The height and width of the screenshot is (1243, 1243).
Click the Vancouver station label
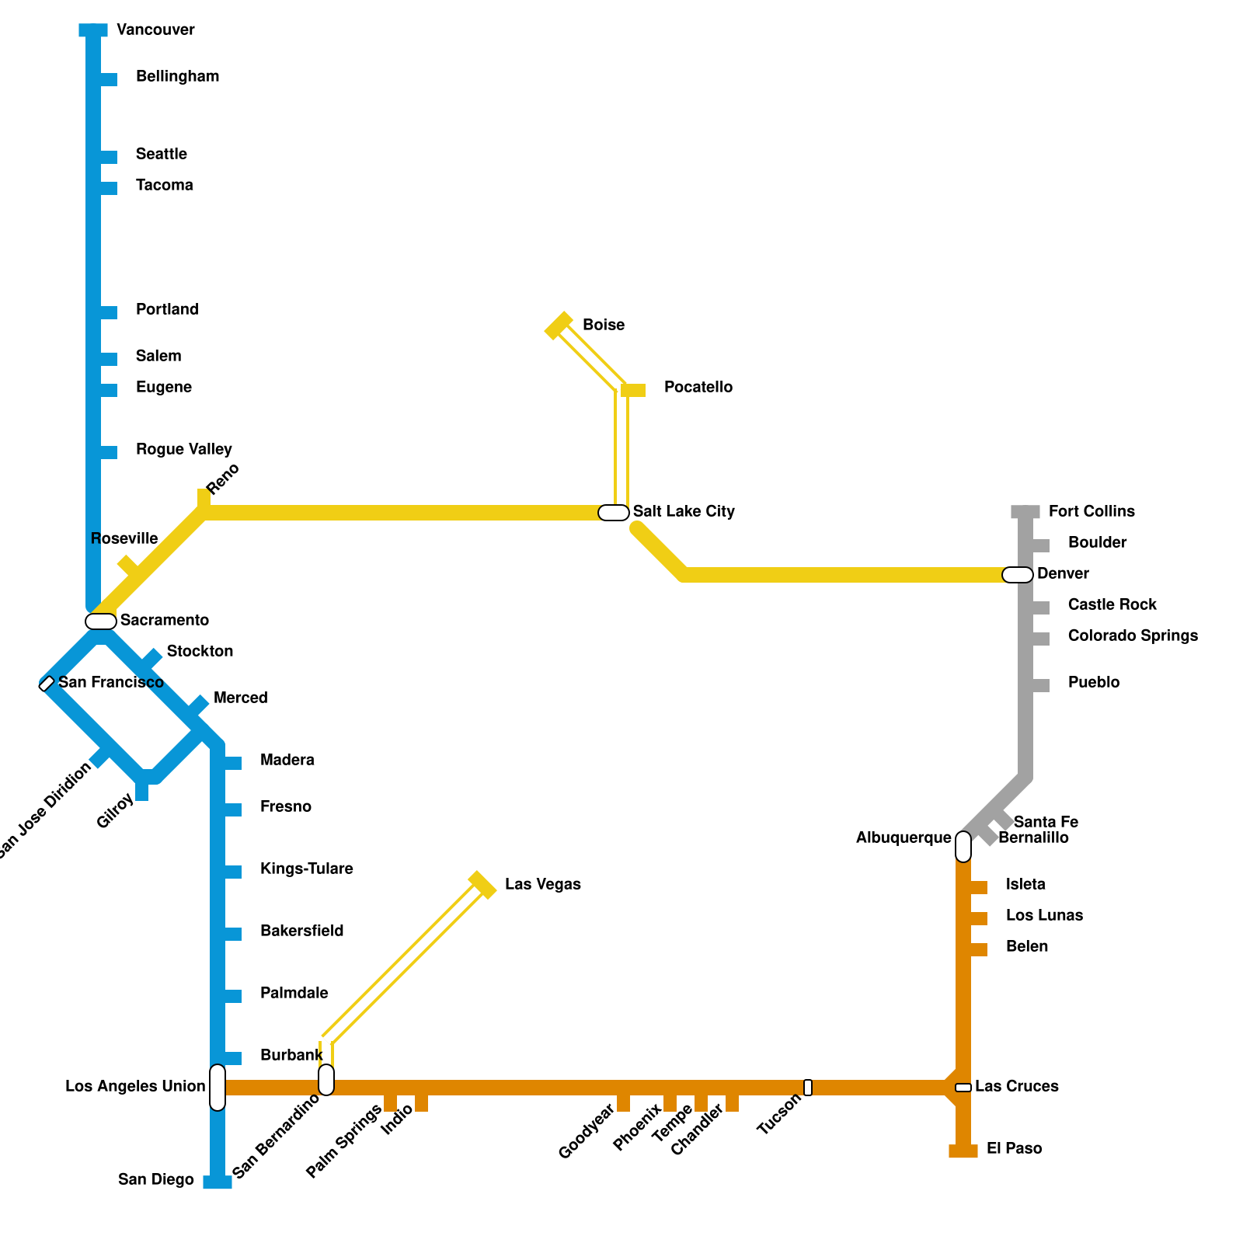(155, 30)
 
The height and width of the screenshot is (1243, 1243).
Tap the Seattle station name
(161, 154)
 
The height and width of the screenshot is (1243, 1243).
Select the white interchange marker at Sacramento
(101, 621)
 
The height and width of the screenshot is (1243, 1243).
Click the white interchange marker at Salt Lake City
(614, 513)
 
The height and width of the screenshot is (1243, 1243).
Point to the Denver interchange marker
(1018, 575)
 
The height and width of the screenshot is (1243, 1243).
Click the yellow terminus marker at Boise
(559, 326)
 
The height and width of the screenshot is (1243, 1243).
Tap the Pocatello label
(698, 387)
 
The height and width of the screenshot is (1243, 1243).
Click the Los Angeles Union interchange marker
(218, 1088)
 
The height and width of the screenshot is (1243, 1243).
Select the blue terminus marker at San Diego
(218, 1182)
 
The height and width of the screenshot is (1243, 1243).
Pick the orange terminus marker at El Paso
(963, 1151)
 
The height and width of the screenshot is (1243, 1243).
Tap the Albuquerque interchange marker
(963, 847)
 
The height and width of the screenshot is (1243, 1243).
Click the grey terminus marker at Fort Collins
(1025, 512)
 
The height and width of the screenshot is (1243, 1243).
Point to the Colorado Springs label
(1133, 635)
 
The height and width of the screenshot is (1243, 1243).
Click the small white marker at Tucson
(808, 1088)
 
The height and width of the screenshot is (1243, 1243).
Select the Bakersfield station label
(301, 931)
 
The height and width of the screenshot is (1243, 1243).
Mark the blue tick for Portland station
(109, 312)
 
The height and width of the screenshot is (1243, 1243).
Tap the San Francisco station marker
(47, 684)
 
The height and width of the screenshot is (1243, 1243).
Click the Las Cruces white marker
(963, 1088)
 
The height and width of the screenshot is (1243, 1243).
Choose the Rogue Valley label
(183, 449)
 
